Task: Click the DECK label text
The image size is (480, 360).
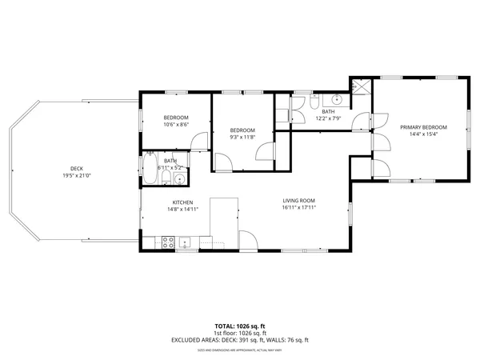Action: [x=77, y=169]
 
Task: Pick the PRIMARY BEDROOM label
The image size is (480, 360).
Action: [x=423, y=127]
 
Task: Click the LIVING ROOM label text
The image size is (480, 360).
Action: [x=299, y=201]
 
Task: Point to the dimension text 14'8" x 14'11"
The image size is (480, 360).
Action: [x=183, y=209]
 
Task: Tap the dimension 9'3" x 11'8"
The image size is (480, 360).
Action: [x=242, y=137]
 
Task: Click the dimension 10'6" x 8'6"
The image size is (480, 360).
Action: [x=176, y=124]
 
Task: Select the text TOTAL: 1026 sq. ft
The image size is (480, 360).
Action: [x=240, y=326]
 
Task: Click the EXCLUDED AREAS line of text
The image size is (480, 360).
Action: [x=240, y=339]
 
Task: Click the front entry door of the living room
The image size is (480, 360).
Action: [x=247, y=241]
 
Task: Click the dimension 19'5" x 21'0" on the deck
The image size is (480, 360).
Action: [x=77, y=176]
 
